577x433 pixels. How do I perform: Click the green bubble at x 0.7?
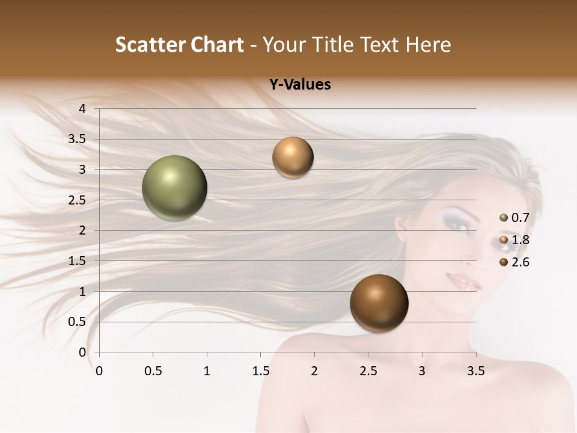174,188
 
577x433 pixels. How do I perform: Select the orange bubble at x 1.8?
293,157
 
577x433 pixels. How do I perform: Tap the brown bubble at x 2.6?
379,303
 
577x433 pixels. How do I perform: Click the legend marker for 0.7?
504,218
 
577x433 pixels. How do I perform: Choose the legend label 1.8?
520,240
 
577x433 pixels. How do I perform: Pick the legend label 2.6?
520,262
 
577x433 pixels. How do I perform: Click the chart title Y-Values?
299,85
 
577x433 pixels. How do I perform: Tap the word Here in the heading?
427,45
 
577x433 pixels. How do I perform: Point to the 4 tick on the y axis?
83,109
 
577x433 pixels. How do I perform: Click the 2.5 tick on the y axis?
78,200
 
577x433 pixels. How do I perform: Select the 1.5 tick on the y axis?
78,261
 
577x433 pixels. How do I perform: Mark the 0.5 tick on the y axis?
78,322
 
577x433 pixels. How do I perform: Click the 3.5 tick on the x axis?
475,371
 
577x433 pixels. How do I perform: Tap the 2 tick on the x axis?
314,371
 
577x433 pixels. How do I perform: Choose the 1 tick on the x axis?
207,371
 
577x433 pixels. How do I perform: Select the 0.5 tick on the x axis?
153,371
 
